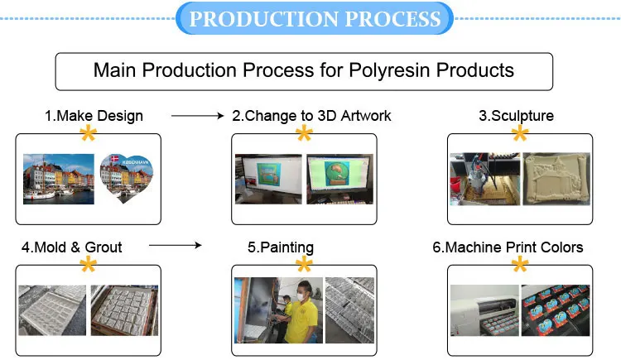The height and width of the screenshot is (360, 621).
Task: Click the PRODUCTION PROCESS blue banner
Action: click(x=314, y=18)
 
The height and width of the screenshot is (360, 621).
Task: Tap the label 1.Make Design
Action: click(x=94, y=116)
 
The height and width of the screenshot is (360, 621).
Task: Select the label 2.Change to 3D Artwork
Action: click(x=311, y=116)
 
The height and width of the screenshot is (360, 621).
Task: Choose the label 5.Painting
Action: click(x=281, y=247)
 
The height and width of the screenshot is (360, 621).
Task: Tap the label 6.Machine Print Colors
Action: click(x=514, y=247)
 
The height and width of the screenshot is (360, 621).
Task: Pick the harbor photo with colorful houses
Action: click(x=57, y=178)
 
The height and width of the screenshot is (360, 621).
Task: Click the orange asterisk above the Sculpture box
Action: click(x=520, y=134)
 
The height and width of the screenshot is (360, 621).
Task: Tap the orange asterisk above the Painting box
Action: click(x=304, y=265)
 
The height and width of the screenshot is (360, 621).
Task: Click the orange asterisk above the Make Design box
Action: click(x=87, y=134)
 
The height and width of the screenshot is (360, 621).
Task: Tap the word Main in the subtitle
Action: click(x=115, y=70)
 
